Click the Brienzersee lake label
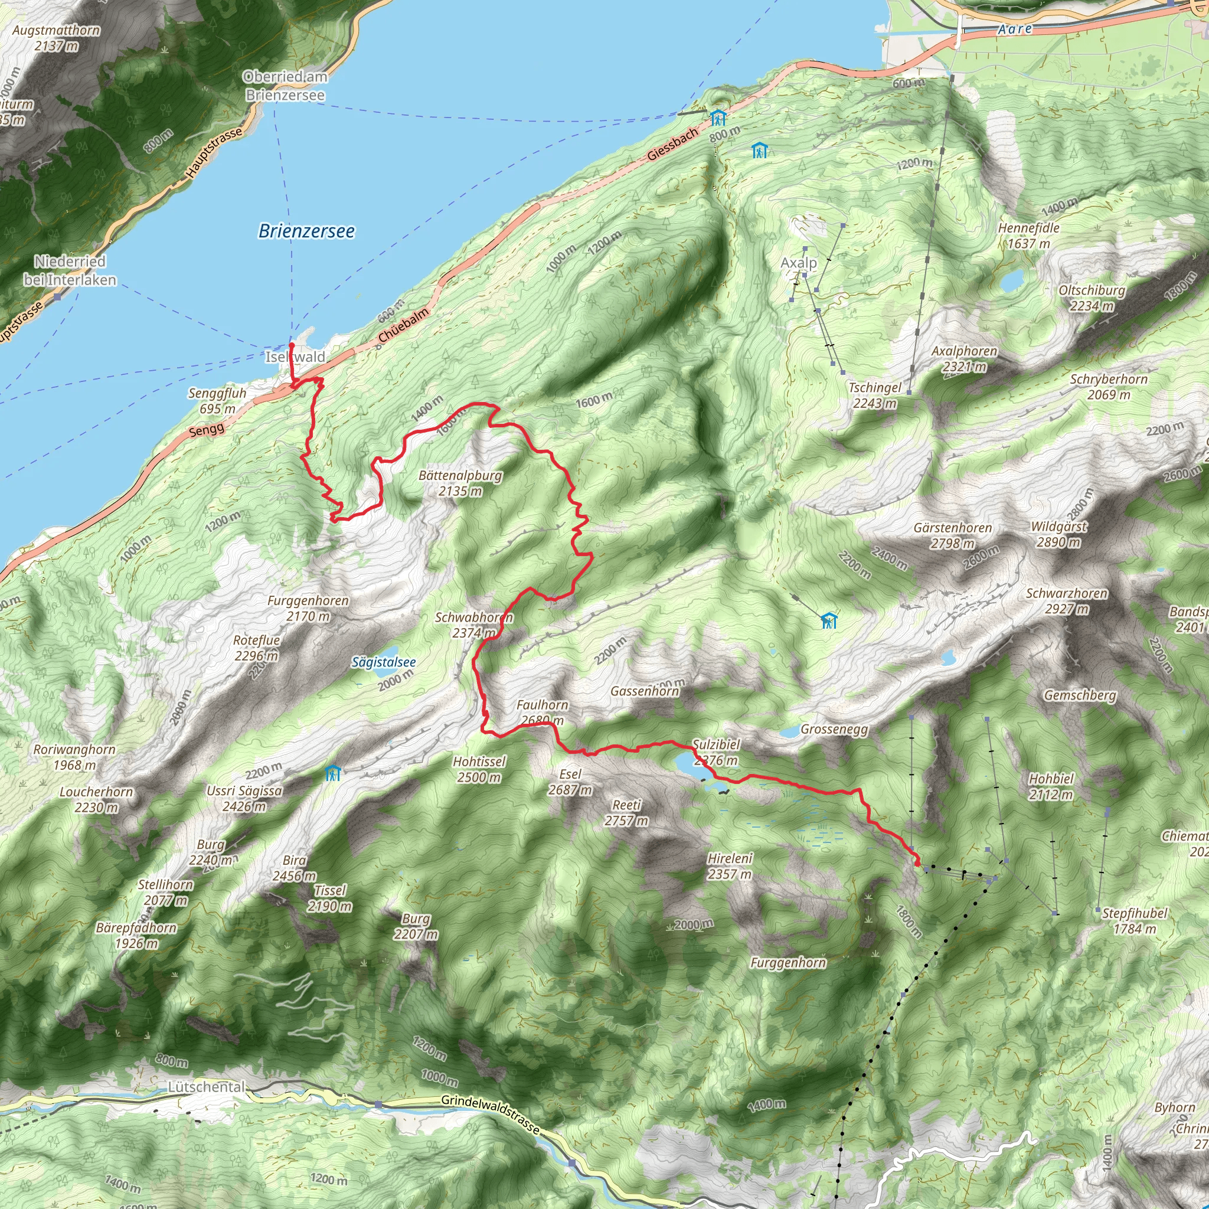[306, 231]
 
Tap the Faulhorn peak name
[542, 705]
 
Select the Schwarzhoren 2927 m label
[1066, 601]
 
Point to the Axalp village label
[799, 263]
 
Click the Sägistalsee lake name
[384, 662]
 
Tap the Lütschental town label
[207, 1087]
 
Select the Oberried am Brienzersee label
[285, 86]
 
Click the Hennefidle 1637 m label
[1029, 236]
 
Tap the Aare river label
[1014, 29]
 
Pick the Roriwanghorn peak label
[74, 757]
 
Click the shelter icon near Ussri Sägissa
[333, 773]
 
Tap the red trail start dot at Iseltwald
[292, 345]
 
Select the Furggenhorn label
[788, 962]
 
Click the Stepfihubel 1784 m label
[1135, 920]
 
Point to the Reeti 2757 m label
[626, 812]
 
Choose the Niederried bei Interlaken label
[70, 270]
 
